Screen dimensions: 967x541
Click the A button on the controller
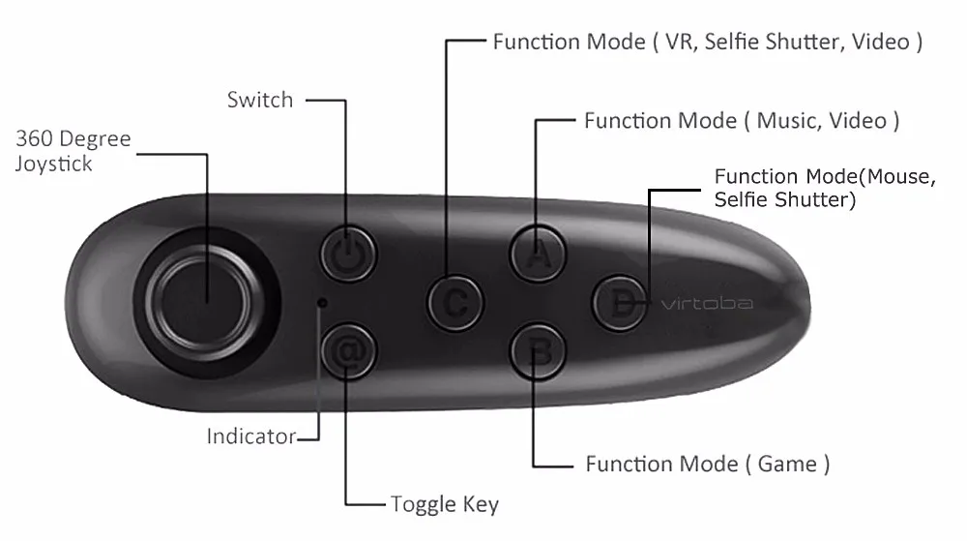click(x=539, y=254)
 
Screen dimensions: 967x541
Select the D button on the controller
click(x=619, y=302)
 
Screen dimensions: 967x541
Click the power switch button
click(x=348, y=254)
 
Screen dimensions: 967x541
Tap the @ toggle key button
click(x=348, y=352)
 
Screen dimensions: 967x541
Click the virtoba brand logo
click(x=706, y=304)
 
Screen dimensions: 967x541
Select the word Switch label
click(x=259, y=99)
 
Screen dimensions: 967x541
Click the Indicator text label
click(x=251, y=436)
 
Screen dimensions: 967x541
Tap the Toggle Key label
click(x=445, y=504)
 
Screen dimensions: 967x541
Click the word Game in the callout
click(x=787, y=465)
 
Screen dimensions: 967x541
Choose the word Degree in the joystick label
click(x=94, y=139)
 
